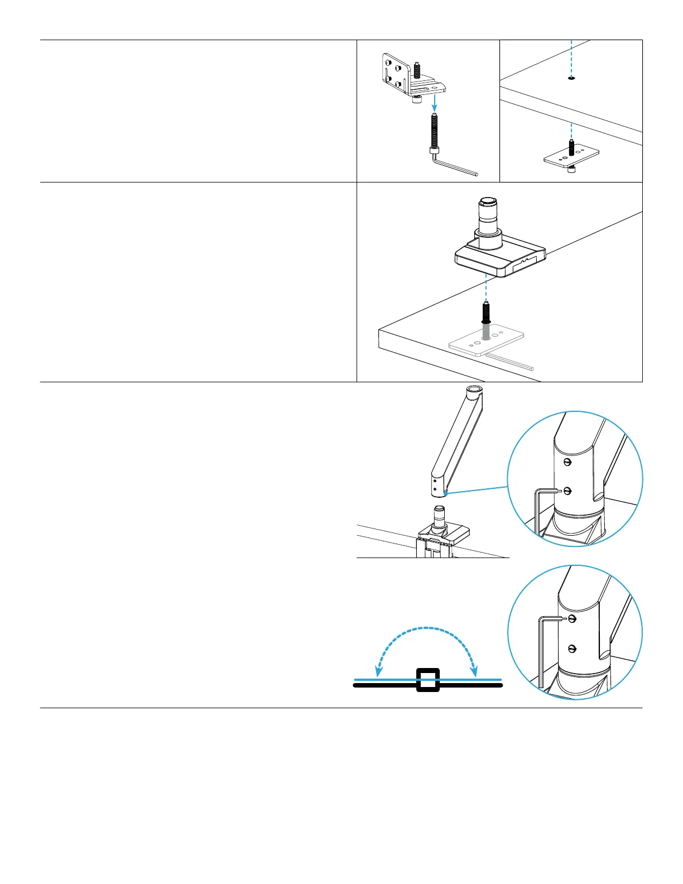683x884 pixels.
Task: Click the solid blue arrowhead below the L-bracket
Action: [x=434, y=107]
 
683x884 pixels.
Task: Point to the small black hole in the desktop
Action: [x=571, y=79]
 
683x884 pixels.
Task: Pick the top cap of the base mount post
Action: [x=486, y=201]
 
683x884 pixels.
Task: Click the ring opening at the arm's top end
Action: [x=475, y=391]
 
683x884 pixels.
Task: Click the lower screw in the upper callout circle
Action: [x=568, y=491]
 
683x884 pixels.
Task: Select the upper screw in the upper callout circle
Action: [x=568, y=462]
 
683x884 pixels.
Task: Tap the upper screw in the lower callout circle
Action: [x=571, y=618]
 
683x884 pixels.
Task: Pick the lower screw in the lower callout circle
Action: [x=571, y=648]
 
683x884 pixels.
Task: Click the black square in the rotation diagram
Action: [x=428, y=680]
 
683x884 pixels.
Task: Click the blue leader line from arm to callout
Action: [x=477, y=490]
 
